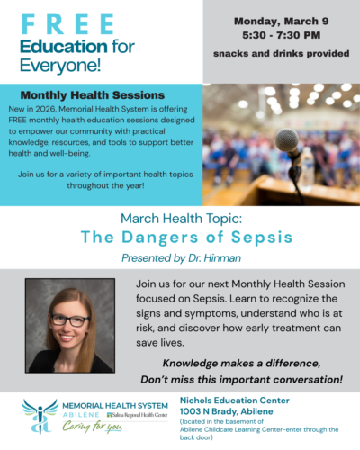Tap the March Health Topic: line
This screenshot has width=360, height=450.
pyautogui.click(x=180, y=220)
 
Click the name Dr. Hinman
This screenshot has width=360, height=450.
pyautogui.click(x=225, y=257)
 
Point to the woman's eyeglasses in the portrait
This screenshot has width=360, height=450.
pyautogui.click(x=68, y=319)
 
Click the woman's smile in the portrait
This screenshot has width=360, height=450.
pyautogui.click(x=69, y=337)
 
